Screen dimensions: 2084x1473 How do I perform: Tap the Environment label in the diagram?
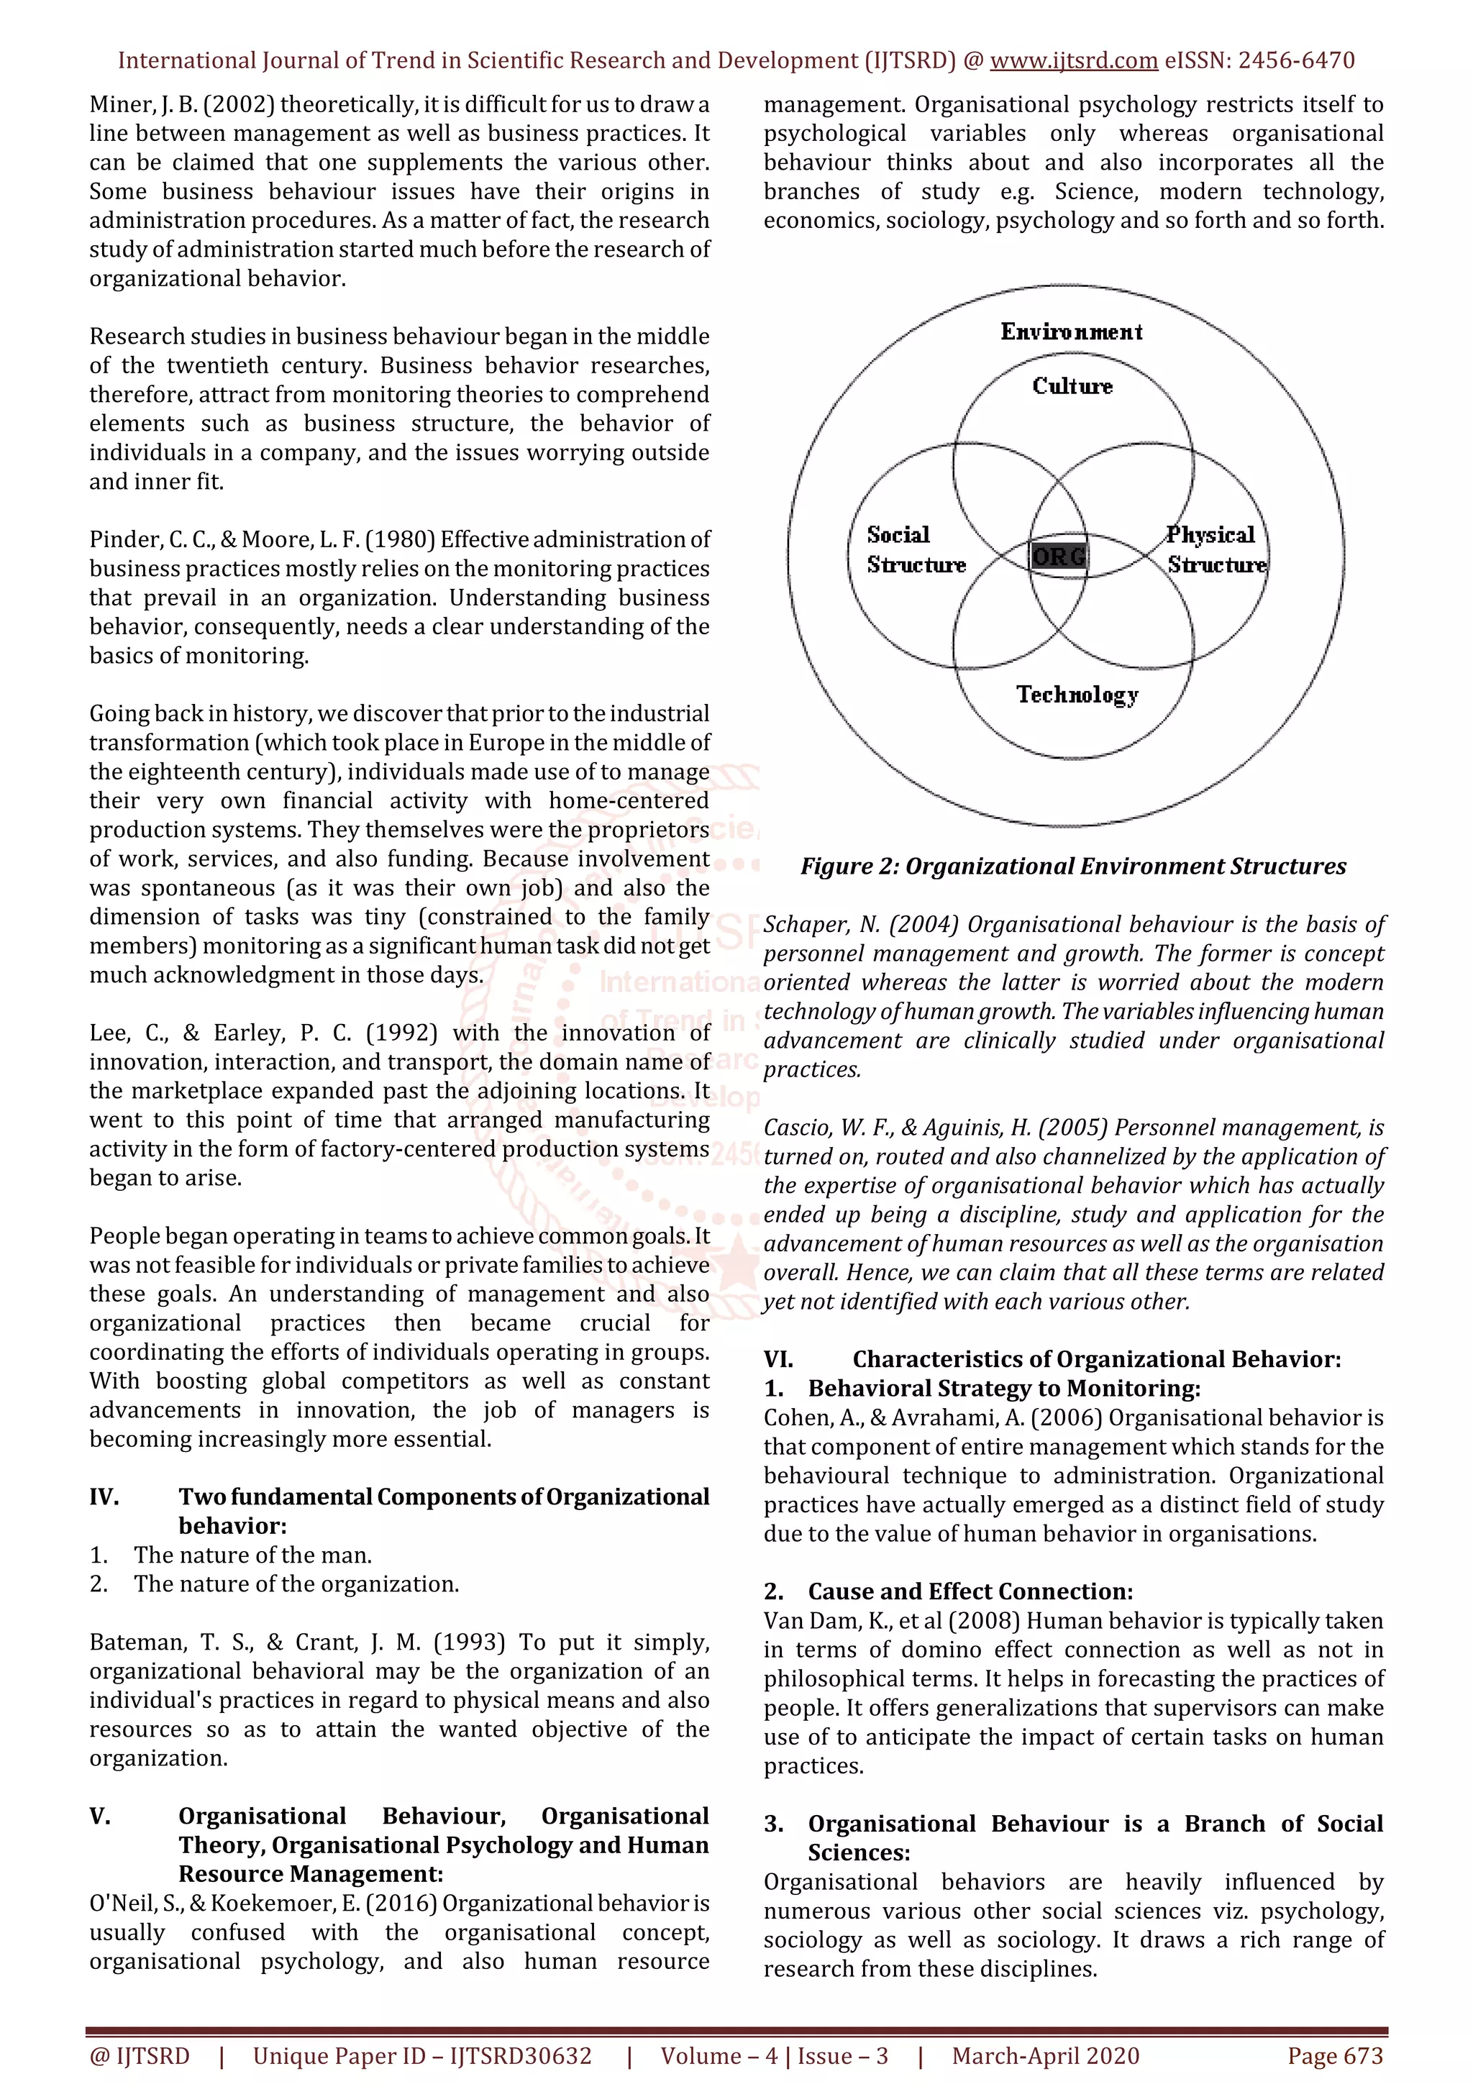pos(1071,332)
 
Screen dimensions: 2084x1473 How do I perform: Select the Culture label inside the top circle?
pos(1072,387)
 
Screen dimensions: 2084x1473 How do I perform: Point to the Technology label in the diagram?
pos(1077,695)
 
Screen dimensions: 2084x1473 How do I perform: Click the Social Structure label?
pos(915,549)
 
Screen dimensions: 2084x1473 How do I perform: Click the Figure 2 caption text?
pos(1073,866)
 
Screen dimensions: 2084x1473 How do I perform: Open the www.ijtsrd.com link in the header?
pos(1074,61)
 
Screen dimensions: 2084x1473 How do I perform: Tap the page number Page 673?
pos(1334,2056)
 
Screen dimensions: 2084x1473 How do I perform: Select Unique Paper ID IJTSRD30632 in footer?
pos(422,2056)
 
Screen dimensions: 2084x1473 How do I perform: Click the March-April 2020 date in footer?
pos(1046,2056)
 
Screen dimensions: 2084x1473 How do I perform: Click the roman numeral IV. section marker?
pos(104,1496)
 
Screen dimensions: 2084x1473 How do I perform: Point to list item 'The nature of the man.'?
pos(252,1555)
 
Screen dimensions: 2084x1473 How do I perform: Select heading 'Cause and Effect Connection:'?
pos(970,1591)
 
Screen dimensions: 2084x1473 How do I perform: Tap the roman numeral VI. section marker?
pos(779,1359)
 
